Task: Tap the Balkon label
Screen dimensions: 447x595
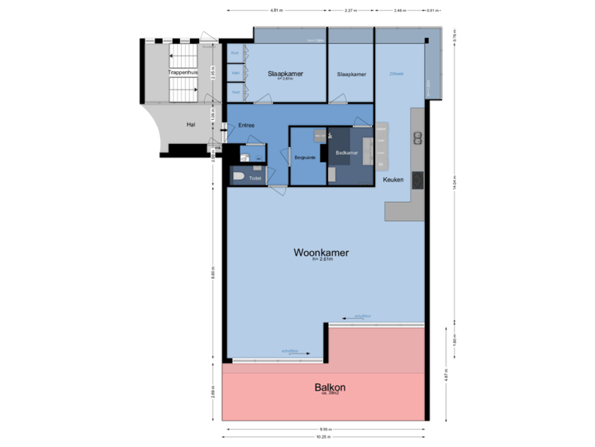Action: coord(329,387)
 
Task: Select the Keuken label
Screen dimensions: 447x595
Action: coord(393,179)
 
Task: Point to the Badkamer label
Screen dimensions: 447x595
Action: coord(346,152)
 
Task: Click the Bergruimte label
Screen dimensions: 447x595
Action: coord(305,157)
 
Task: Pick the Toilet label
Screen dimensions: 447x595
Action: coord(255,176)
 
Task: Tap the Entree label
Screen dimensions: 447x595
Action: coord(245,126)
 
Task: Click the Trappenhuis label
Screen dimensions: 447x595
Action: coord(183,72)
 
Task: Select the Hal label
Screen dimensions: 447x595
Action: coord(191,124)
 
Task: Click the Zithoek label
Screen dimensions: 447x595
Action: coord(397,74)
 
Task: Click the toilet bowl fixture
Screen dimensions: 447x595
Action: coord(239,176)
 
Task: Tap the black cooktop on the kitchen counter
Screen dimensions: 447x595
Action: coord(417,179)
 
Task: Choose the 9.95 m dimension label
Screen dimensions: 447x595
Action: coord(326,428)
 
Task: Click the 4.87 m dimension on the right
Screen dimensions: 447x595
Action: coord(445,374)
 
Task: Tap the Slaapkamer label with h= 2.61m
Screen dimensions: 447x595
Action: coord(285,74)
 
